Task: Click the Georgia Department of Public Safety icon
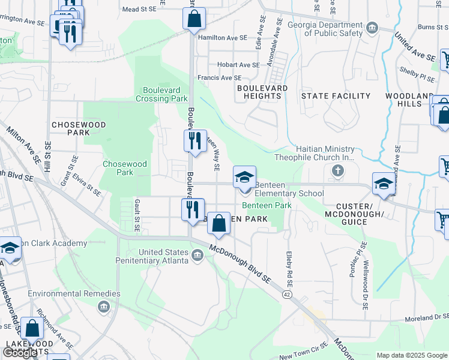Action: [372, 28]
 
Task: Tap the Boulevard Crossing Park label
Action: [165, 94]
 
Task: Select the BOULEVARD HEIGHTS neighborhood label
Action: [262, 92]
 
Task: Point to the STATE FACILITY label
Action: [336, 96]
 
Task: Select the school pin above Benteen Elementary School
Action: [244, 177]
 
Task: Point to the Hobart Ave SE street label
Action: [238, 65]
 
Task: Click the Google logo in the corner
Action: [20, 353]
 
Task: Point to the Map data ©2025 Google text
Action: [412, 355]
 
